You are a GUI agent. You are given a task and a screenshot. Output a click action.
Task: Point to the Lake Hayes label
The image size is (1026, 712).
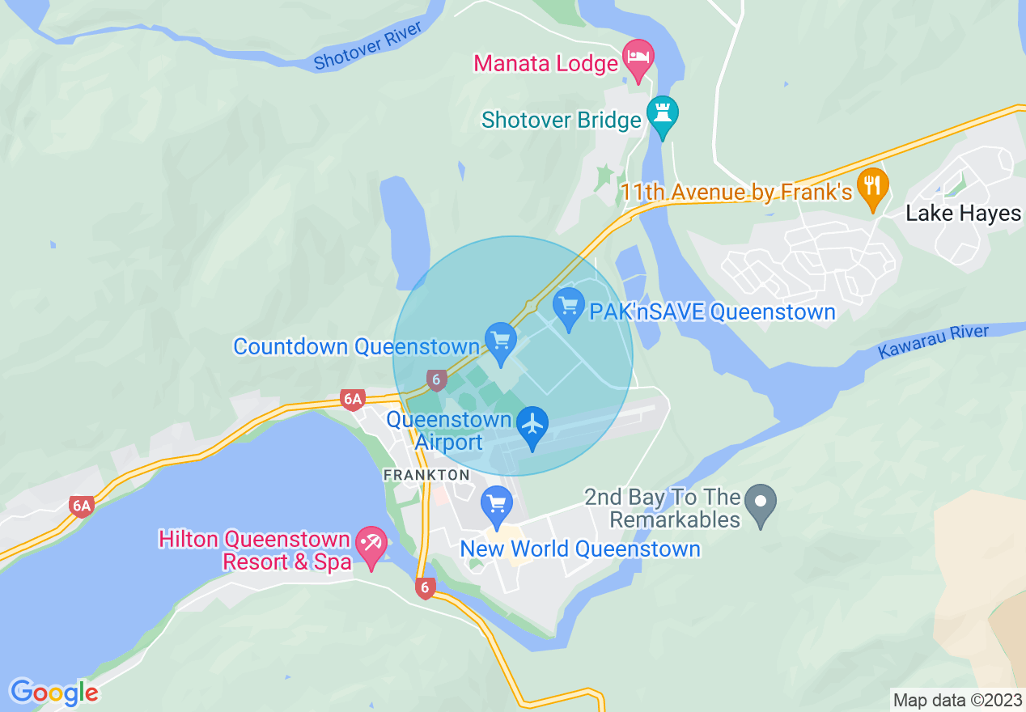coord(963,214)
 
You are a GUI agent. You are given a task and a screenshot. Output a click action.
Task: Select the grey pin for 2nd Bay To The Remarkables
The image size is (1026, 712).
coord(760,503)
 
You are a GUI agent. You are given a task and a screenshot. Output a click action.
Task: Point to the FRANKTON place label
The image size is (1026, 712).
coord(426,475)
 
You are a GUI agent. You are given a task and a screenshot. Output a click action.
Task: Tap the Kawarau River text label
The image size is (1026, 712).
coord(933,341)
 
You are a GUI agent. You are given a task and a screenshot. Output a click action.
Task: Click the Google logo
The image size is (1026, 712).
coord(54,693)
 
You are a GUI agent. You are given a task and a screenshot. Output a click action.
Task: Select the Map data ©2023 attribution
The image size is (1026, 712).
coord(957,700)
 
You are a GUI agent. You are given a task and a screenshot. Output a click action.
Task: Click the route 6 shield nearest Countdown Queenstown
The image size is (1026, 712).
coord(436,378)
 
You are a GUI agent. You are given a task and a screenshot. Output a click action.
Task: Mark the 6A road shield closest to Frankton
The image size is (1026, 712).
coord(353,399)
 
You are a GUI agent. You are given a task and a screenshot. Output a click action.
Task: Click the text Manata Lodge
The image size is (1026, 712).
coord(545,63)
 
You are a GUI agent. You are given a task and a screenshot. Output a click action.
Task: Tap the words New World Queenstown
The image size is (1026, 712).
coord(579,549)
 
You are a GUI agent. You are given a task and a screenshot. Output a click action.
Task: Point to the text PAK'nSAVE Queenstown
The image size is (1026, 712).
coord(712,312)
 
